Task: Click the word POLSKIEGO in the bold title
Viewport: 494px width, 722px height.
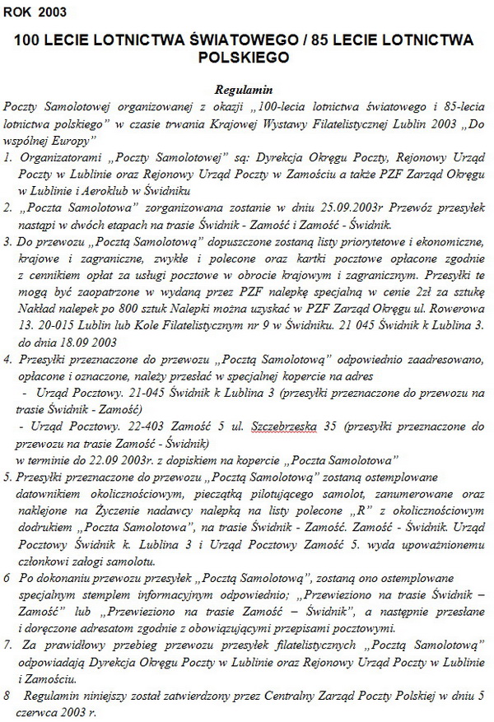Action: click(x=247, y=58)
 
